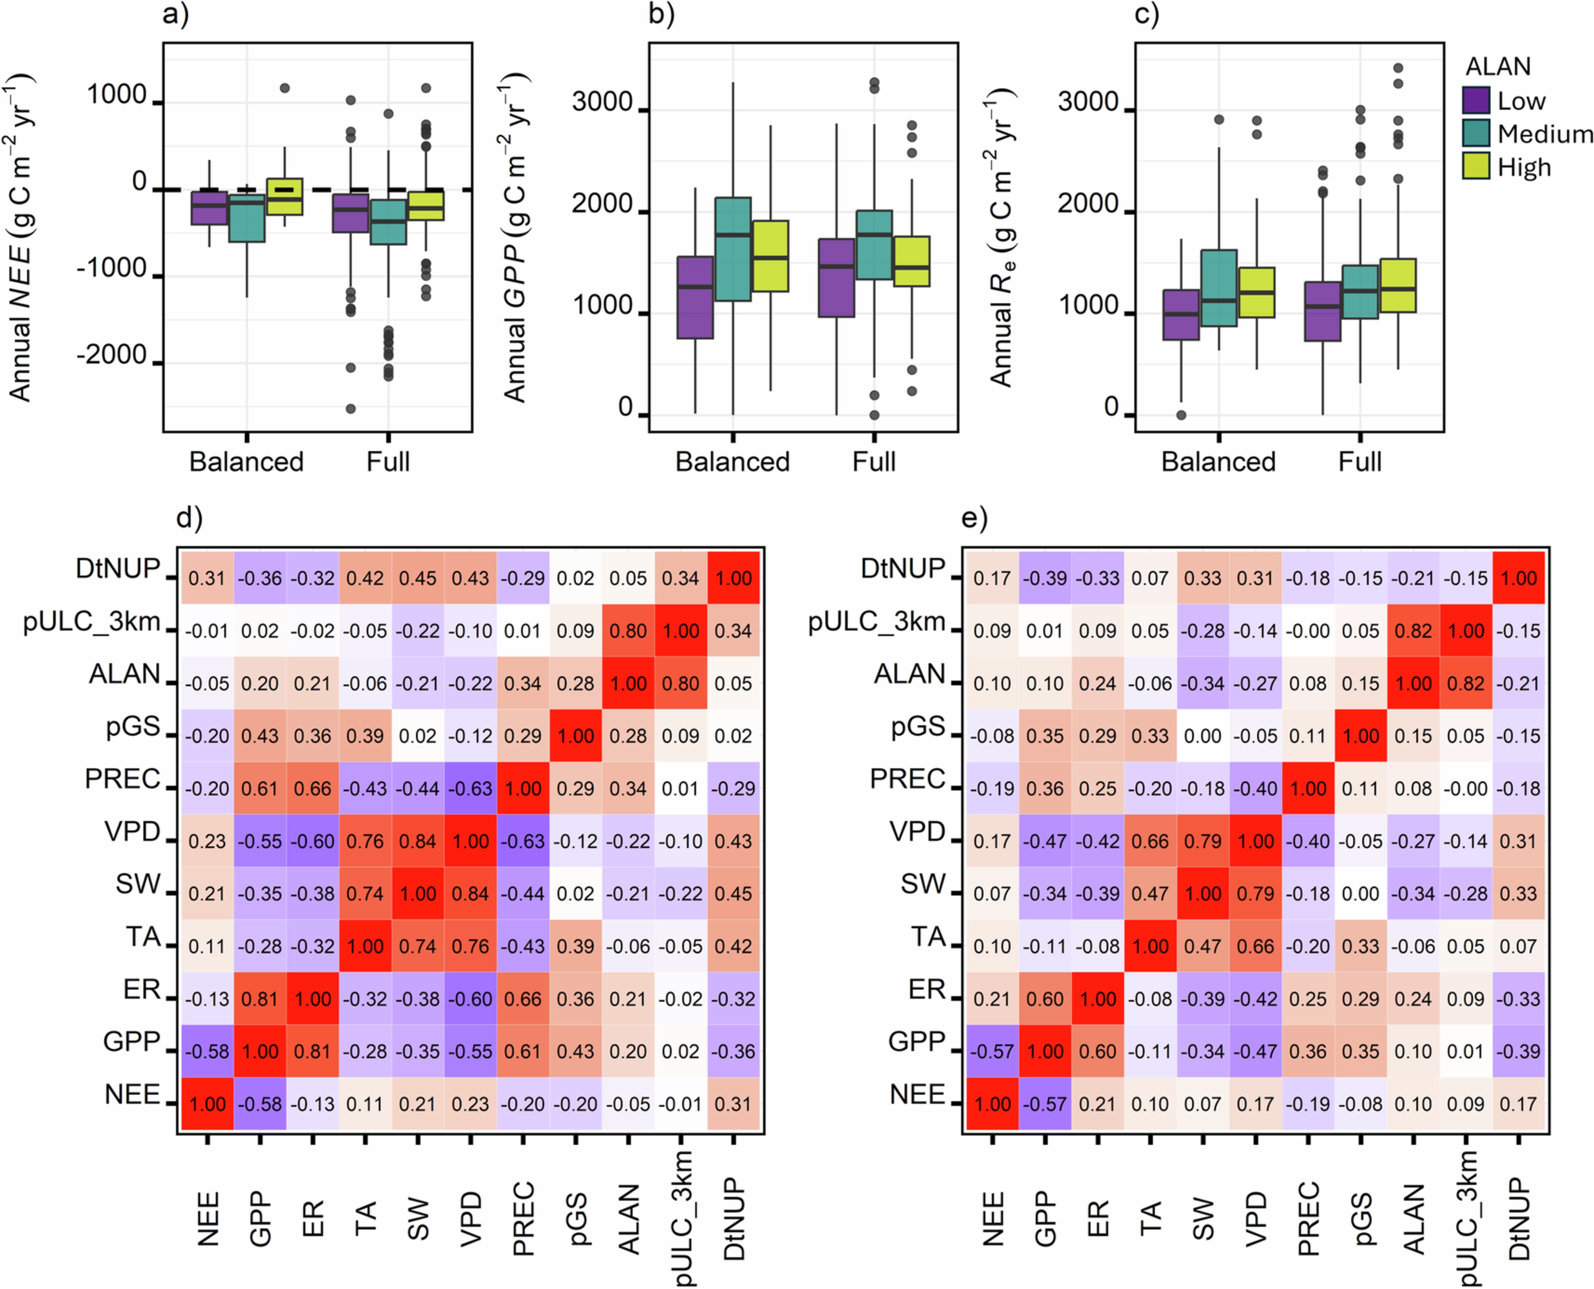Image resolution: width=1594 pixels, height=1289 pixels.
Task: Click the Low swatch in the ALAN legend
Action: click(1475, 100)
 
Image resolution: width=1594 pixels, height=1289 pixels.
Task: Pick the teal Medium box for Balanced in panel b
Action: click(732, 249)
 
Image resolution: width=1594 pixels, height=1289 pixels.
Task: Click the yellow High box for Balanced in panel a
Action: click(285, 197)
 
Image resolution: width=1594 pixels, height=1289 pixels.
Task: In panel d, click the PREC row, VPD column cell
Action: click(470, 788)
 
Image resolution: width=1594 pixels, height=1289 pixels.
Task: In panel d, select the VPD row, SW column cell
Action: click(417, 841)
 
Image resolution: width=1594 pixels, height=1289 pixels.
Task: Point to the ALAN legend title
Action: click(1497, 67)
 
